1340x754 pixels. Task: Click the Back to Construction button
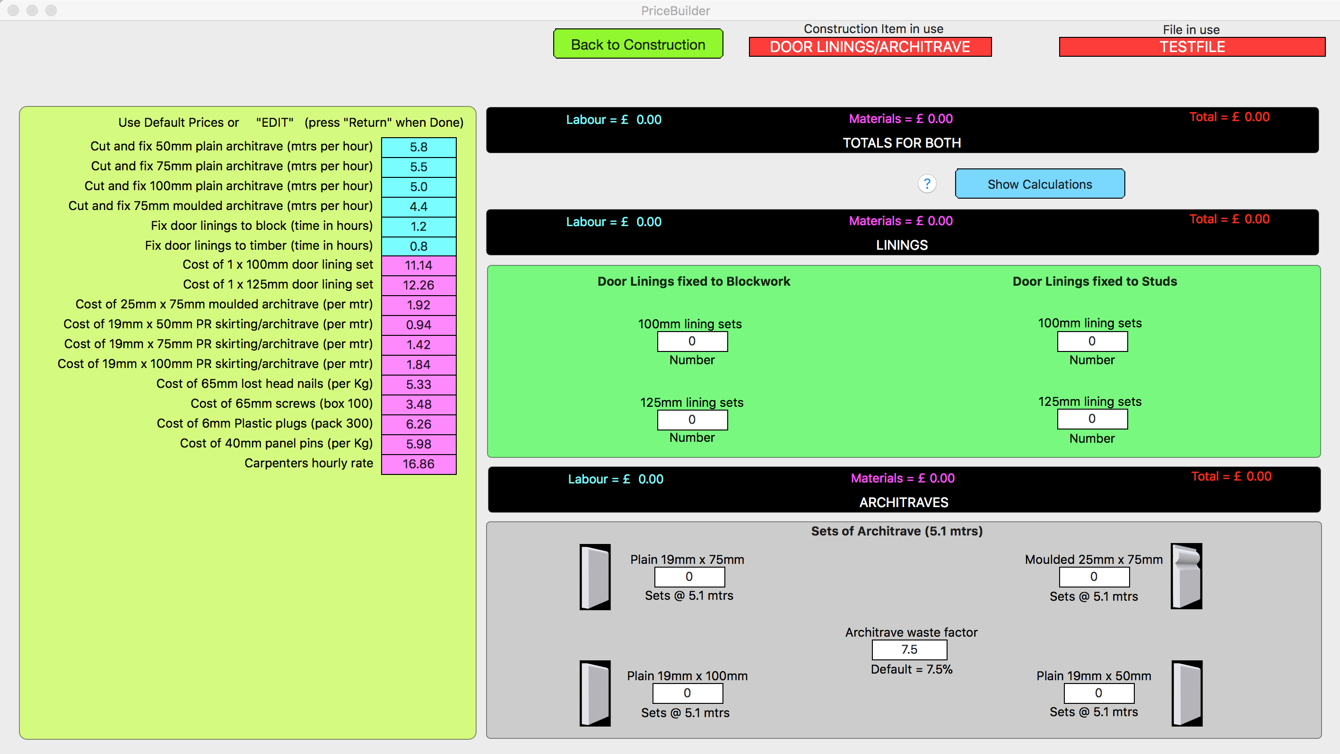click(638, 44)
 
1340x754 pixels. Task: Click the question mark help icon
click(927, 184)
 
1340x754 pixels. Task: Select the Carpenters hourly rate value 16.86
click(419, 464)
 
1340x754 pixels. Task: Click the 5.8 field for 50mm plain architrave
click(419, 147)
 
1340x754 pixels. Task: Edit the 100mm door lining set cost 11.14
click(419, 265)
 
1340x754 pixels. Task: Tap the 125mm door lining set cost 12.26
click(419, 285)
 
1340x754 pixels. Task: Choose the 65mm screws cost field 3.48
click(419, 404)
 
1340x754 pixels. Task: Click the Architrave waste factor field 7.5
click(909, 649)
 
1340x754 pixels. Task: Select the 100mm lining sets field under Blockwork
click(692, 342)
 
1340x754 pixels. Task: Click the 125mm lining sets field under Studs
click(1092, 419)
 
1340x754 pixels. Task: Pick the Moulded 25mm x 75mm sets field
click(1095, 577)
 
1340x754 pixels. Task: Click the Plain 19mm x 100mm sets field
click(687, 693)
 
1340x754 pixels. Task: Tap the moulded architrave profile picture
click(1186, 576)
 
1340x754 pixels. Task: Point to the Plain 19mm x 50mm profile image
click(1187, 693)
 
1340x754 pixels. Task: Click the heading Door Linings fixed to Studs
click(1095, 281)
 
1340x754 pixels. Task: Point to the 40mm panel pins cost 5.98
click(419, 444)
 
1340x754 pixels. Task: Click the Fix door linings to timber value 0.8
click(419, 246)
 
